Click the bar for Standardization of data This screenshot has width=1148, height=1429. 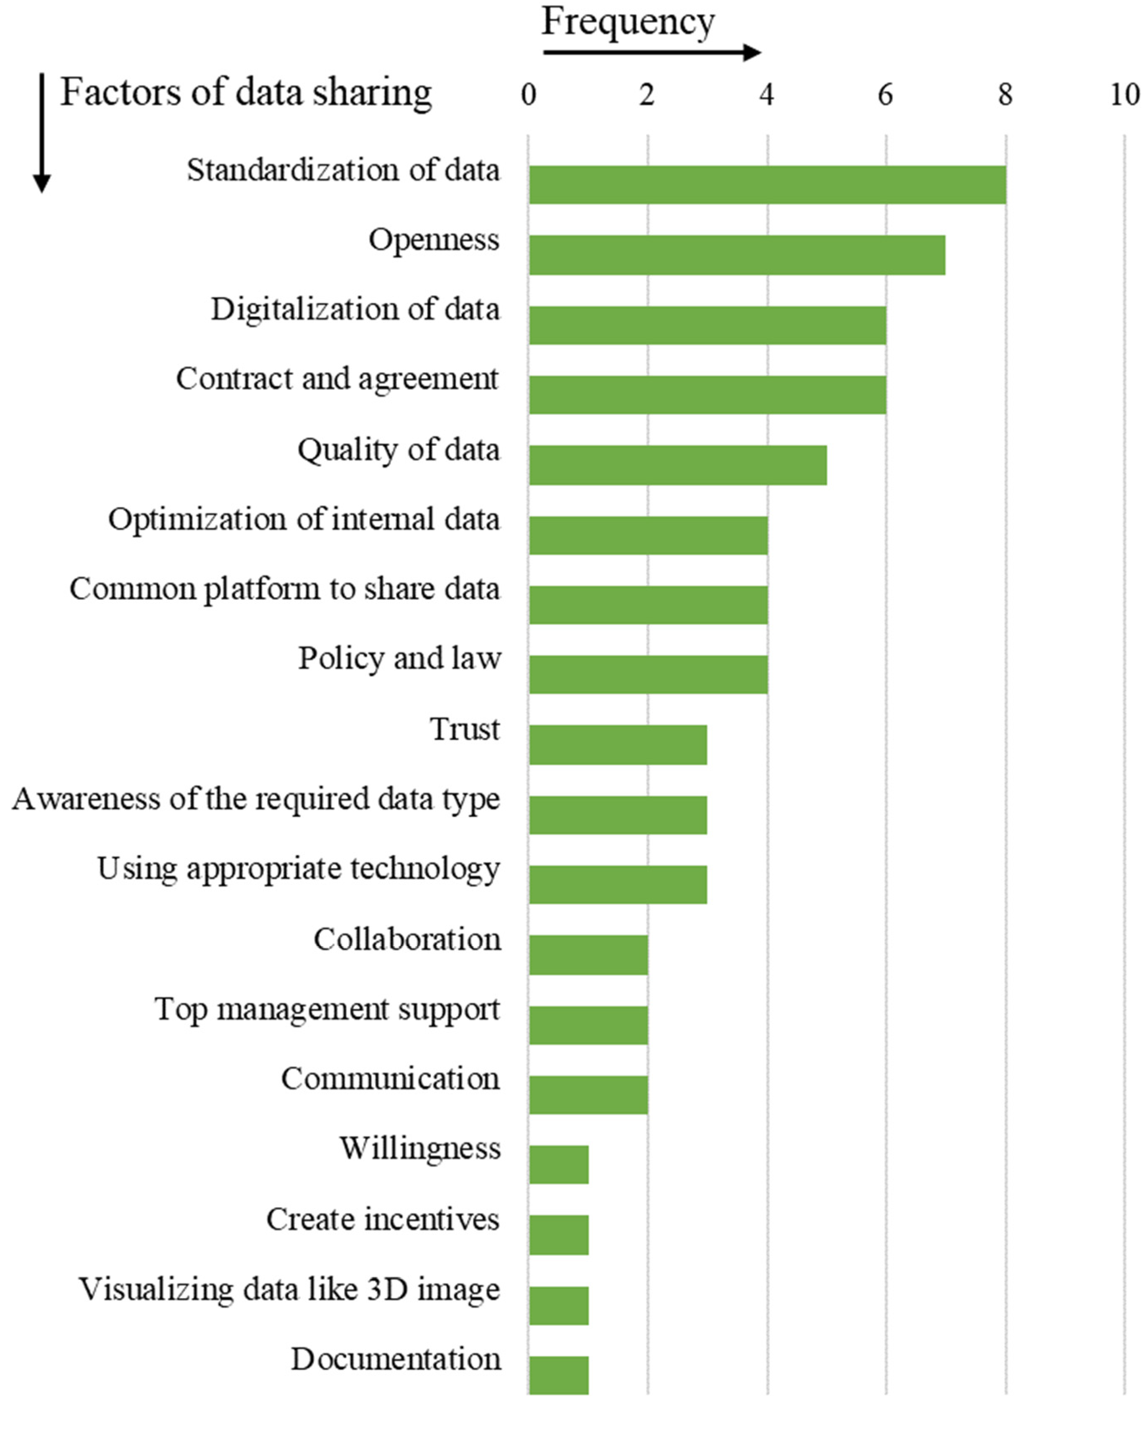click(767, 184)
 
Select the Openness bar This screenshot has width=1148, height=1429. click(736, 255)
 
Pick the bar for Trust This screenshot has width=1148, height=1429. click(618, 744)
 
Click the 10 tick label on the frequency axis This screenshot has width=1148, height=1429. click(1124, 95)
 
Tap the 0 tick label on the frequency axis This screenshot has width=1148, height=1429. click(528, 95)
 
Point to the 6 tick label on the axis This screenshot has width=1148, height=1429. click(885, 95)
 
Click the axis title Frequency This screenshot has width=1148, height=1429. click(628, 22)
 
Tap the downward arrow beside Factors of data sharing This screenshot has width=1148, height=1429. click(42, 133)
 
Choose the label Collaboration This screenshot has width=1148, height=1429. click(407, 939)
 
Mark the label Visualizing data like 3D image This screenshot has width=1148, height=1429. click(290, 1289)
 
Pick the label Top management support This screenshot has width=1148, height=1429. click(327, 1010)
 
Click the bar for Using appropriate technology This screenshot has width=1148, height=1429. click(618, 884)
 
